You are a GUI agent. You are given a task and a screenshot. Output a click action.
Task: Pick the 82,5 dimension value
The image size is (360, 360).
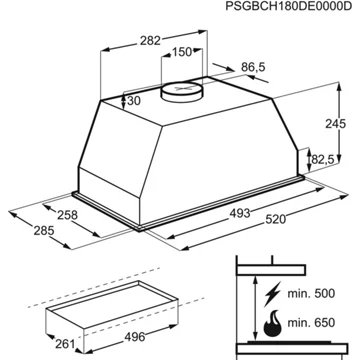click(x=321, y=160)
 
